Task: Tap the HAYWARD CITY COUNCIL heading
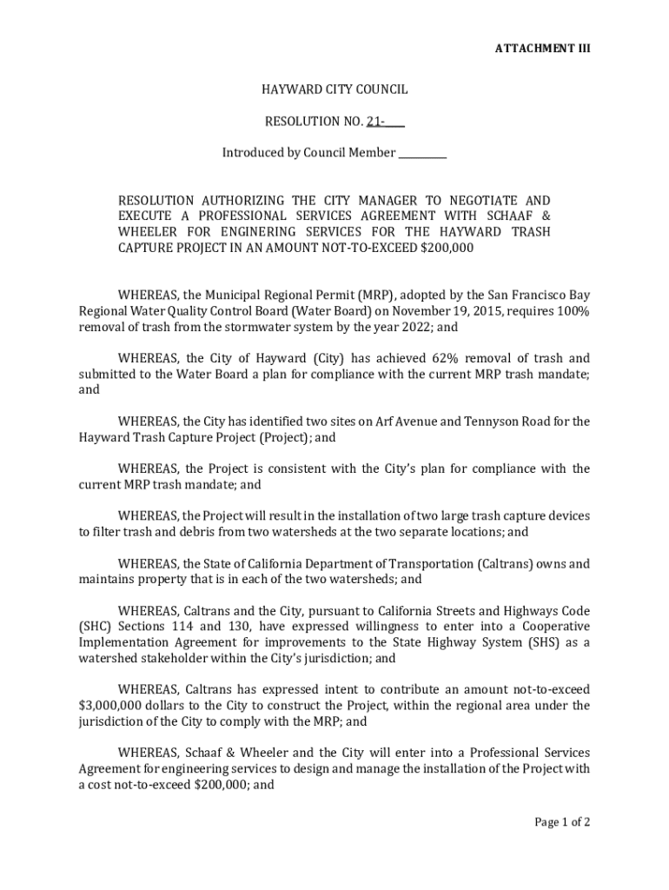[x=334, y=90]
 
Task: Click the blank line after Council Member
[x=422, y=153]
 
